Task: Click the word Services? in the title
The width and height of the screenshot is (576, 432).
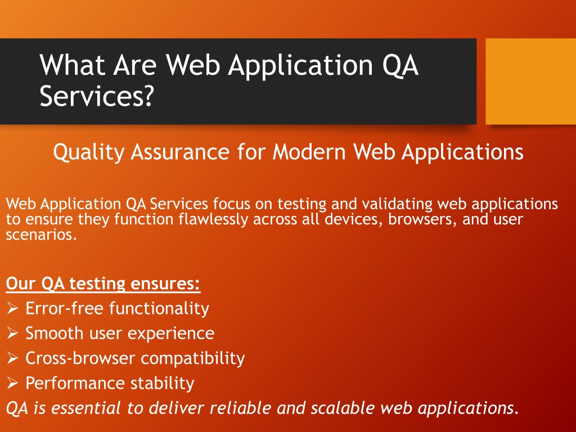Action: point(96,96)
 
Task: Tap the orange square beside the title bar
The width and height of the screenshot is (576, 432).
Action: point(531,81)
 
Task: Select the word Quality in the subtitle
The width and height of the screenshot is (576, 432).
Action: point(89,152)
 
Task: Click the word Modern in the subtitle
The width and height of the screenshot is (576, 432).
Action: point(309,151)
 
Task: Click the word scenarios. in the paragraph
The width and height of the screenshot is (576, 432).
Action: point(42,235)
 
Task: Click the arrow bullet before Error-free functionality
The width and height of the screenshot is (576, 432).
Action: point(12,308)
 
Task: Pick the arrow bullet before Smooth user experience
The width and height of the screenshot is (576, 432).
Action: point(12,333)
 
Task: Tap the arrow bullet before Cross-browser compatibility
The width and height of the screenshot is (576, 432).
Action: point(12,358)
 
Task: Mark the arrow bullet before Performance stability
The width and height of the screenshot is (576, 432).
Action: point(12,383)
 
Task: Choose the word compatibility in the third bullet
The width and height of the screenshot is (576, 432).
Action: point(193,359)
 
